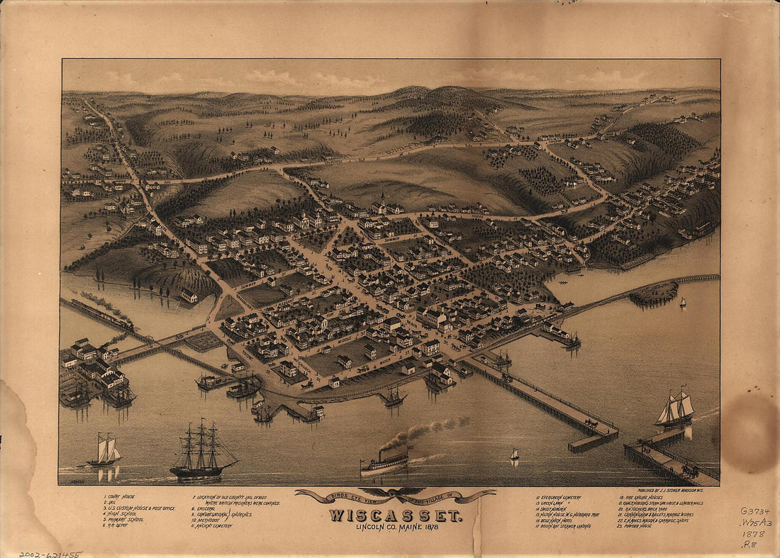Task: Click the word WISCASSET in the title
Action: [x=395, y=515]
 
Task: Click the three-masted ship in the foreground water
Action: [x=202, y=452]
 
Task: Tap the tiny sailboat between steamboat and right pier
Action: [x=515, y=454]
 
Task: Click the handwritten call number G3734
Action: [x=755, y=510]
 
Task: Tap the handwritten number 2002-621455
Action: [x=51, y=554]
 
